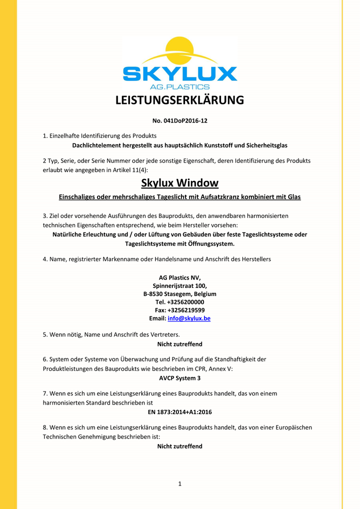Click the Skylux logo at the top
[x=179, y=64]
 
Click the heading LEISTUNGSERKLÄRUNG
[x=179, y=100]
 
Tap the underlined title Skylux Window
[x=179, y=183]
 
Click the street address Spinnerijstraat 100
[x=179, y=285]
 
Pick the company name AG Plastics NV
[x=179, y=277]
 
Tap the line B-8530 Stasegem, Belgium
[x=179, y=294]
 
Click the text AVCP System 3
[x=179, y=378]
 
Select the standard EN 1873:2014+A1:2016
[x=179, y=412]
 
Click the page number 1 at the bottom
[x=179, y=483]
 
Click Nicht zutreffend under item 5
[x=179, y=344]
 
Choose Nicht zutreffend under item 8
[x=179, y=446]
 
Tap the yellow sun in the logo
[x=180, y=50]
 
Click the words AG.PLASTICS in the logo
[x=180, y=86]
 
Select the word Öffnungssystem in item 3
[x=210, y=244]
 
